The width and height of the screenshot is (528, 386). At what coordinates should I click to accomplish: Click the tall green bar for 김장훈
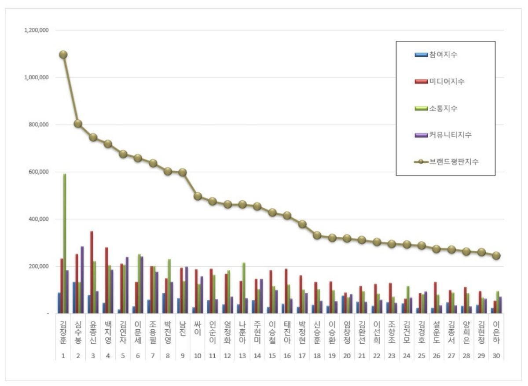pyautogui.click(x=65, y=243)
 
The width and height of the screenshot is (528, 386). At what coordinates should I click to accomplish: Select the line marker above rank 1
pyautogui.click(x=63, y=55)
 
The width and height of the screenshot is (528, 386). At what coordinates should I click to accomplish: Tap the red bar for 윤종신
pyautogui.click(x=92, y=272)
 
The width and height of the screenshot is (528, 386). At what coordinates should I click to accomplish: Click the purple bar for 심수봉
pyautogui.click(x=82, y=279)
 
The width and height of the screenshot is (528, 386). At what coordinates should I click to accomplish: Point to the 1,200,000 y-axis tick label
pyautogui.click(x=37, y=30)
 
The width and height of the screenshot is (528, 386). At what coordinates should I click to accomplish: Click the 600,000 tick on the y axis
pyautogui.click(x=39, y=172)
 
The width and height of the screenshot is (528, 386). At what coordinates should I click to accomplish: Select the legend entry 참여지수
pyautogui.click(x=436, y=55)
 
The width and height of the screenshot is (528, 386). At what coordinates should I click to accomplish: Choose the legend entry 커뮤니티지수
pyautogui.click(x=443, y=135)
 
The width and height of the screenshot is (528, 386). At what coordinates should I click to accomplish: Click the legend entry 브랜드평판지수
pyautogui.click(x=447, y=162)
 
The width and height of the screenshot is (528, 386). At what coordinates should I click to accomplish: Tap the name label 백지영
pyautogui.click(x=108, y=332)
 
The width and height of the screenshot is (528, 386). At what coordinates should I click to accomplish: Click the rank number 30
pyautogui.click(x=496, y=356)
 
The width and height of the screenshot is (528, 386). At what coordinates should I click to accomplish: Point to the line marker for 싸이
pyautogui.click(x=198, y=196)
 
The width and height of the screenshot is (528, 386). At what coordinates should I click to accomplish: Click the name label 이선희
pyautogui.click(x=377, y=332)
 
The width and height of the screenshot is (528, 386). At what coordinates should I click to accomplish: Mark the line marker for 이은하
pyautogui.click(x=496, y=256)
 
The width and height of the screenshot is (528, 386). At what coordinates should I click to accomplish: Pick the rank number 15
pyautogui.click(x=272, y=356)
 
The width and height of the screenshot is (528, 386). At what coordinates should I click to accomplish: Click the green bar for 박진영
pyautogui.click(x=169, y=286)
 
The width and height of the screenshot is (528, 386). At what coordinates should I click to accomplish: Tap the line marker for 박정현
pyautogui.click(x=302, y=224)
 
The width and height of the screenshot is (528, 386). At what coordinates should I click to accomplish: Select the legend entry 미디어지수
pyautogui.click(x=440, y=81)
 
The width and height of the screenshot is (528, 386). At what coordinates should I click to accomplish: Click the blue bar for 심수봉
pyautogui.click(x=74, y=298)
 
